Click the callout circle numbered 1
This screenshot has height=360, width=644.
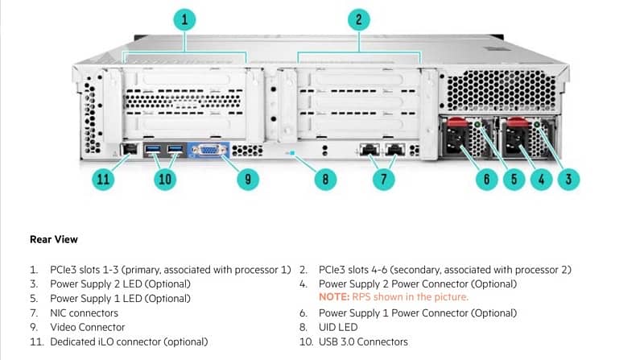coord(185,20)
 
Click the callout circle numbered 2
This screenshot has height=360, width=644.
coord(359,20)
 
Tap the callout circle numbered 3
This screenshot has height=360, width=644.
coord(568,179)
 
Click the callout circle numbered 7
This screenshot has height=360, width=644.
coord(382,179)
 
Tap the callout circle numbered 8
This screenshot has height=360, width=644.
coord(325,179)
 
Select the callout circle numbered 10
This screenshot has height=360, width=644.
coord(165,179)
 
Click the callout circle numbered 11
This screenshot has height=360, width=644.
coord(102,179)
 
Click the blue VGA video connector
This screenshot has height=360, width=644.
coord(208,151)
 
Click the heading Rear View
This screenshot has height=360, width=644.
coord(53,239)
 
